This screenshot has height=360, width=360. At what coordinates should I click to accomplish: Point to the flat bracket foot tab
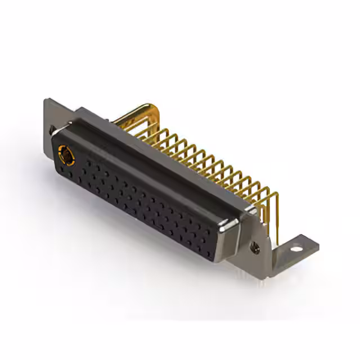tap(298, 247)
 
